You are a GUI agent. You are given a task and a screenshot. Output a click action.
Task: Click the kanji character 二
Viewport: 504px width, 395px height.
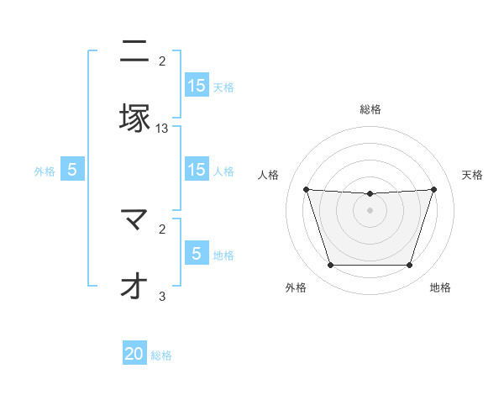pos(134,52)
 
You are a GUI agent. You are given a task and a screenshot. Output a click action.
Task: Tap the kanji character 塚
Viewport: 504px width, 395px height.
pos(134,117)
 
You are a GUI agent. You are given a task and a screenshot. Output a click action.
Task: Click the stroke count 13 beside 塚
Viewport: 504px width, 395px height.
pos(162,129)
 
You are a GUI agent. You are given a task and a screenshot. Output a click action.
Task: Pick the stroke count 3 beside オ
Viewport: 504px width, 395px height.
pos(162,296)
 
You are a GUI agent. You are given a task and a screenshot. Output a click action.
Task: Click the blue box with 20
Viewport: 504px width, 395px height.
pos(134,355)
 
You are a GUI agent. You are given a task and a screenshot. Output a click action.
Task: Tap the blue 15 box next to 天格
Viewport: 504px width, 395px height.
pos(197,86)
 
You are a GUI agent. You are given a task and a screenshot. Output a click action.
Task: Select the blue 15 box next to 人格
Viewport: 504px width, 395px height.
pos(197,170)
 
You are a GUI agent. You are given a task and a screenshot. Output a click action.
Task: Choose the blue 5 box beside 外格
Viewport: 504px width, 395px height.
pos(72,170)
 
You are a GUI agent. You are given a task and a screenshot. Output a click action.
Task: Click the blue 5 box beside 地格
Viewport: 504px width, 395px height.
pos(197,254)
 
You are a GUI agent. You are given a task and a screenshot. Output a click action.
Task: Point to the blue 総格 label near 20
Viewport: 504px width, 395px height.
pos(161,355)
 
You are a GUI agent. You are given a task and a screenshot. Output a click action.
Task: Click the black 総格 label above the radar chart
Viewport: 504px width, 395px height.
pos(370,109)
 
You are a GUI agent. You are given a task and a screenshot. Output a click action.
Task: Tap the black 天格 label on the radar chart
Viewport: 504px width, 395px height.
pos(472,175)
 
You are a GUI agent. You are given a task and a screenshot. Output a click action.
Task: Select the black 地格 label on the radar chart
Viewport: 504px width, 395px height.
pos(440,287)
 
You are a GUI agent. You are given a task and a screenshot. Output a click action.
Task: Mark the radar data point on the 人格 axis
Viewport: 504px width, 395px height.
pos(306,189)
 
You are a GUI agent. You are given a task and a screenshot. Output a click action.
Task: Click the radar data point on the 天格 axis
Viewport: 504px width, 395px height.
pos(433,189)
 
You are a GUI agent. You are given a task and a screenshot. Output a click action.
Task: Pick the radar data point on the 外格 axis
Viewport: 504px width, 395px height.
pos(330,265)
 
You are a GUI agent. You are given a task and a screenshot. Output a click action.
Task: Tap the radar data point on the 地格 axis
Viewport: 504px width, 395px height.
pos(409,265)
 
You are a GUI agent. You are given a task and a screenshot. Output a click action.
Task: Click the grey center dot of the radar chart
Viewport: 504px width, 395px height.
pos(370,210)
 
